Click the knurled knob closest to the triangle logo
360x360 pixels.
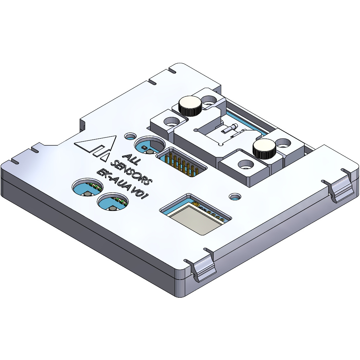(x=190, y=106)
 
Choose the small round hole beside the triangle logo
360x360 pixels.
(x=130, y=136)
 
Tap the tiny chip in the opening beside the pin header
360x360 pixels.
(x=144, y=147)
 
